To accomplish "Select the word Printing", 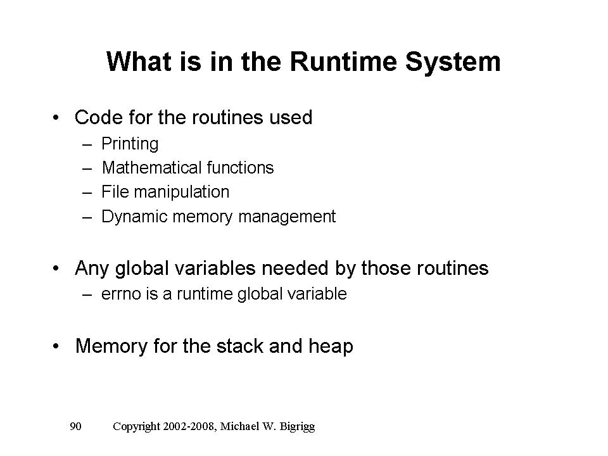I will [130, 144].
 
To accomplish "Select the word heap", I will [331, 346].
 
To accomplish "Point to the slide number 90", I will [75, 427].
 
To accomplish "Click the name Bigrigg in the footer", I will [296, 427].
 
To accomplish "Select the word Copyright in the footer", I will [136, 427].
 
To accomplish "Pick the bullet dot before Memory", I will [57, 347].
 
